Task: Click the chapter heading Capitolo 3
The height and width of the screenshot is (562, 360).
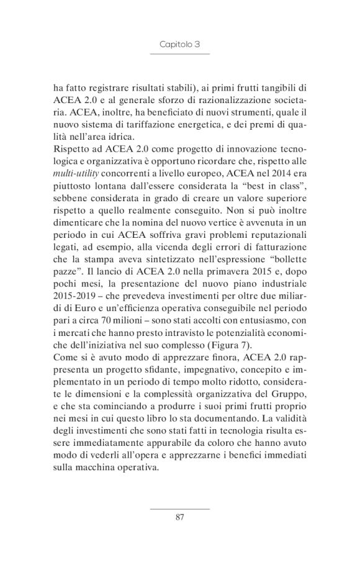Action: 179,45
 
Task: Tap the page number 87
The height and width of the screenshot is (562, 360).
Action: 179,516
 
